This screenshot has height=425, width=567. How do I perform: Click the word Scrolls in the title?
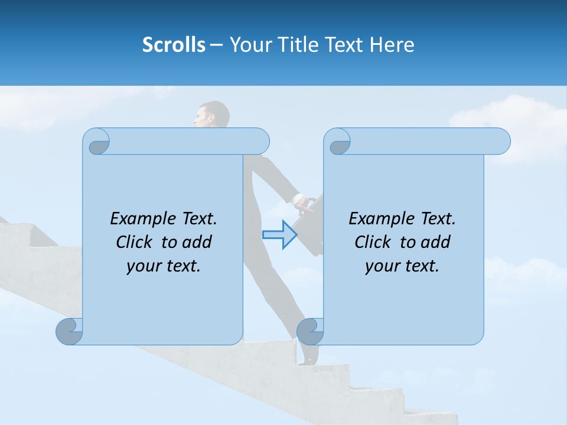[x=174, y=44]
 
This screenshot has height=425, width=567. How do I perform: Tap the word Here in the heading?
[x=392, y=44]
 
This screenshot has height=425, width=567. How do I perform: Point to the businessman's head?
[x=213, y=115]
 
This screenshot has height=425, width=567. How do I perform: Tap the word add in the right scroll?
[x=436, y=242]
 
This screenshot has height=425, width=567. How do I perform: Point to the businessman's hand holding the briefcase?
[x=304, y=204]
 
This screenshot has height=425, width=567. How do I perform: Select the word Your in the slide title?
[x=250, y=44]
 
